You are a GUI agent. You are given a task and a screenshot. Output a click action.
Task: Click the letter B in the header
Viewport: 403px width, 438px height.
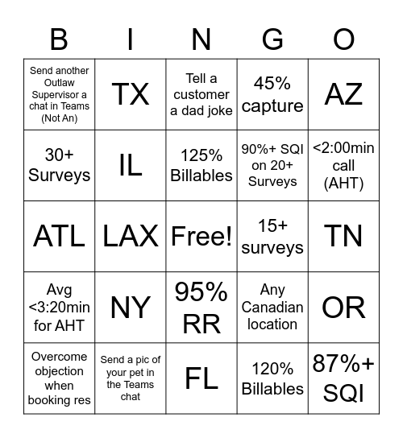[59, 39]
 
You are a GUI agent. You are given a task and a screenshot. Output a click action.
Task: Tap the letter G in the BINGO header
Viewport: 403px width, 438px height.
[272, 39]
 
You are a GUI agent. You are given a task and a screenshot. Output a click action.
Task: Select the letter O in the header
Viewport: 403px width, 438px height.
[344, 39]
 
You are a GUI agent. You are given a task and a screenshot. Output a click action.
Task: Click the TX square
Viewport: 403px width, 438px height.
[131, 94]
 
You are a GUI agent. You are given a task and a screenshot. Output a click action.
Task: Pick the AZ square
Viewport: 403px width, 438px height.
[344, 94]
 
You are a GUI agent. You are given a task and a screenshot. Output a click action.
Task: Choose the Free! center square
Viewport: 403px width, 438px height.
[201, 236]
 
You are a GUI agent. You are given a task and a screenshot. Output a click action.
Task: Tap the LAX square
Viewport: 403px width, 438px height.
[131, 236]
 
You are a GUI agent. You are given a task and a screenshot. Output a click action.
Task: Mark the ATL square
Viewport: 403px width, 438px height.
[59, 236]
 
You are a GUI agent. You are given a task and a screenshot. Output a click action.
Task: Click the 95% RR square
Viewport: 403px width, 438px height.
[201, 307]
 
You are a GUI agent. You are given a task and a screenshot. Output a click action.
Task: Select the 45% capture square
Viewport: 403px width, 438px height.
[272, 94]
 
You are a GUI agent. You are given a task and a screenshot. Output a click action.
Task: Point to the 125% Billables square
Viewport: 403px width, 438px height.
[201, 165]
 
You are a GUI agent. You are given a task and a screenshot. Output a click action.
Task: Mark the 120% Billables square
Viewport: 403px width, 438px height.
[272, 378]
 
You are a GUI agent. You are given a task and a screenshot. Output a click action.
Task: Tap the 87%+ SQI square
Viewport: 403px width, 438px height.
[344, 378]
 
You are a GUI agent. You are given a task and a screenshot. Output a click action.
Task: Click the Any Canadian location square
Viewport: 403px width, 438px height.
[272, 307]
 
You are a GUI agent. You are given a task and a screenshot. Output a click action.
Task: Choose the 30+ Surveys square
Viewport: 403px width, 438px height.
[59, 165]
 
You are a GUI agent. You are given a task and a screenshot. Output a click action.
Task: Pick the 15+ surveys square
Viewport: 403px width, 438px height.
[272, 236]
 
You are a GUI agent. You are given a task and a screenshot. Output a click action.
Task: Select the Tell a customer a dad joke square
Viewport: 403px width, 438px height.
[201, 94]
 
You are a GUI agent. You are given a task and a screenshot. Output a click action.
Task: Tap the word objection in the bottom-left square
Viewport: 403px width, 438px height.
[59, 371]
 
